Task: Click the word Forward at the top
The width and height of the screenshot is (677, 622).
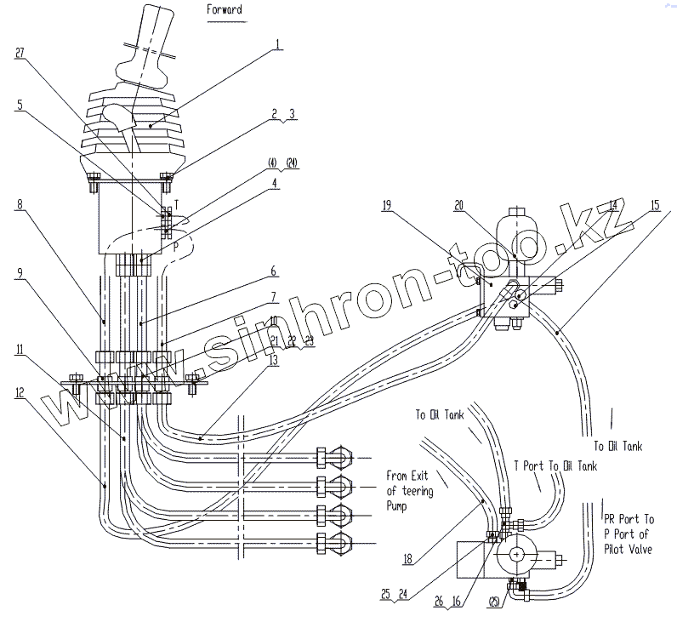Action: click(x=225, y=10)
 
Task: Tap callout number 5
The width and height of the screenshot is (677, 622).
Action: click(x=20, y=106)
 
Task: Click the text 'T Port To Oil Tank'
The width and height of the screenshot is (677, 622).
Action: click(x=555, y=466)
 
